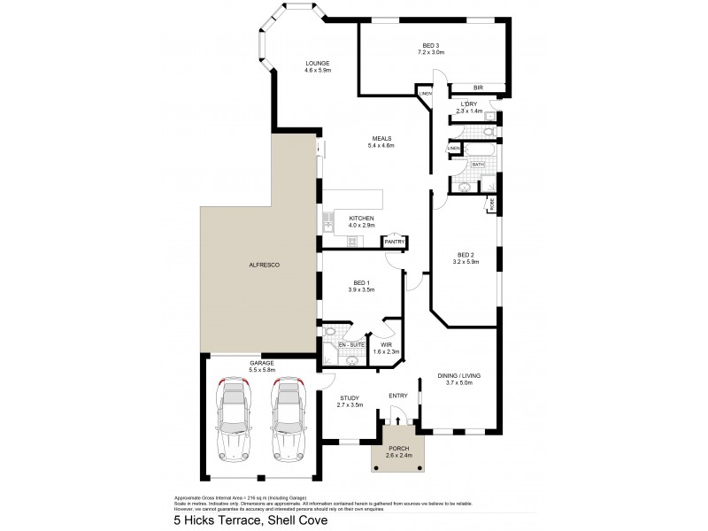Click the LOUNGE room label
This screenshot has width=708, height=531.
click(318, 63)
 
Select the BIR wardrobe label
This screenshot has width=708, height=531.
click(478, 88)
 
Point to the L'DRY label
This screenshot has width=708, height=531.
click(469, 104)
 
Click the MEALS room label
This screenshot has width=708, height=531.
click(381, 138)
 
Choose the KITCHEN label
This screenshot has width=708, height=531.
click(361, 219)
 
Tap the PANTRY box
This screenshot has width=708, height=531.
click(394, 242)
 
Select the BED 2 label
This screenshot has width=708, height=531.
click(466, 251)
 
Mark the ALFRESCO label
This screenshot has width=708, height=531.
click(264, 265)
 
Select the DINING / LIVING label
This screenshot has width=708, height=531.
click(458, 376)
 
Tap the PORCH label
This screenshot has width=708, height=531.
click(399, 450)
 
